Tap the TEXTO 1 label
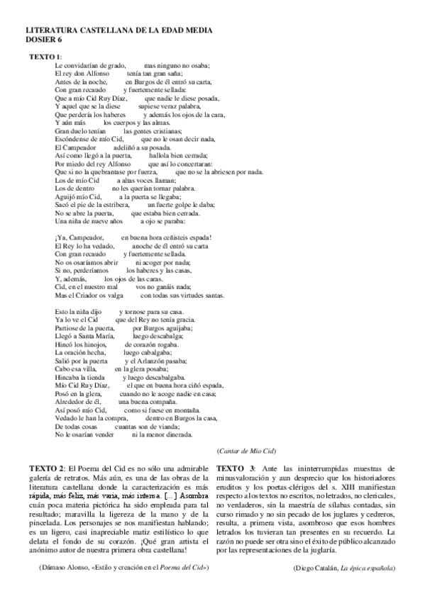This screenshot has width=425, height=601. [45, 56]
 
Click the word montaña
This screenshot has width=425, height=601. [186, 410]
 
